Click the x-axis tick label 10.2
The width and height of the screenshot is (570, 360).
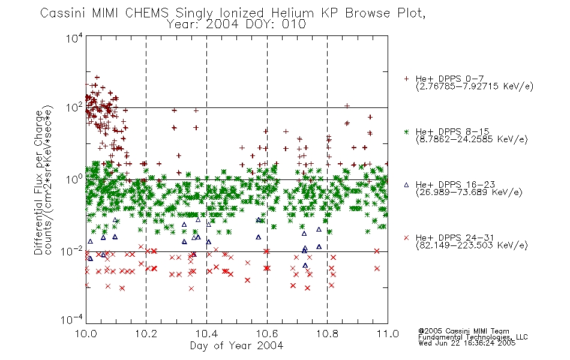[x=146, y=334]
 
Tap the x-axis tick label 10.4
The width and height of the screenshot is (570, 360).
[x=206, y=334]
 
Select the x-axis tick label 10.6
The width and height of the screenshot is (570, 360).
[x=267, y=334]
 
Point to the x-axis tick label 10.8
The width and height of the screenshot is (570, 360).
[x=327, y=334]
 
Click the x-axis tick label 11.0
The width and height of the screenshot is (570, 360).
[x=388, y=334]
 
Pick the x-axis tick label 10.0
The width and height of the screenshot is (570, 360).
[x=86, y=334]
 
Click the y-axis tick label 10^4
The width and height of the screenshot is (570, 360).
[x=74, y=38]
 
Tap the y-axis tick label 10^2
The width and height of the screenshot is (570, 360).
[x=74, y=107]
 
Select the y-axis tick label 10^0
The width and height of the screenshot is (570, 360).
[x=74, y=179]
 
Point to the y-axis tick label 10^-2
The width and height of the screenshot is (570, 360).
[x=72, y=251]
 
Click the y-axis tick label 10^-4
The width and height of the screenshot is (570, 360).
[x=72, y=320]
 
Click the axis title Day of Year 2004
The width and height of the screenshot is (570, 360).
[x=236, y=346]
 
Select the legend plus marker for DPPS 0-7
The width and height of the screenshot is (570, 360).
[x=406, y=79]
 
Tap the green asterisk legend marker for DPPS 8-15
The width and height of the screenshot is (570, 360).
[x=406, y=131]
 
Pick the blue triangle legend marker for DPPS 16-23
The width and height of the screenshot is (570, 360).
[x=406, y=185]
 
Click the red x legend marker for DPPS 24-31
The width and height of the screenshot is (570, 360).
[x=406, y=238]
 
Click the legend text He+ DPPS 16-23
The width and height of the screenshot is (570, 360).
[x=455, y=185]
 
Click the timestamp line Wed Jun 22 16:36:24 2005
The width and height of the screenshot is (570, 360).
[x=467, y=343]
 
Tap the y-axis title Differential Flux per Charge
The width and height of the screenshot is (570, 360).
[x=38, y=182]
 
